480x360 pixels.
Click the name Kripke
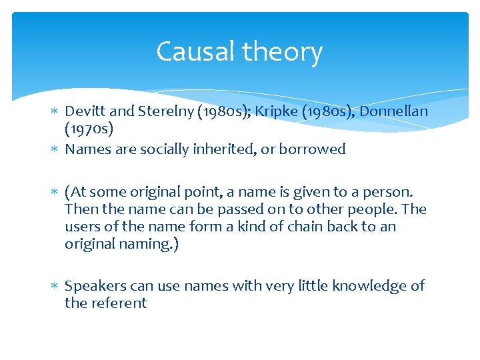click(x=268, y=111)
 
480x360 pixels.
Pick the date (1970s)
click(x=90, y=128)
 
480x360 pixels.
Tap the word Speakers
click(x=93, y=286)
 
